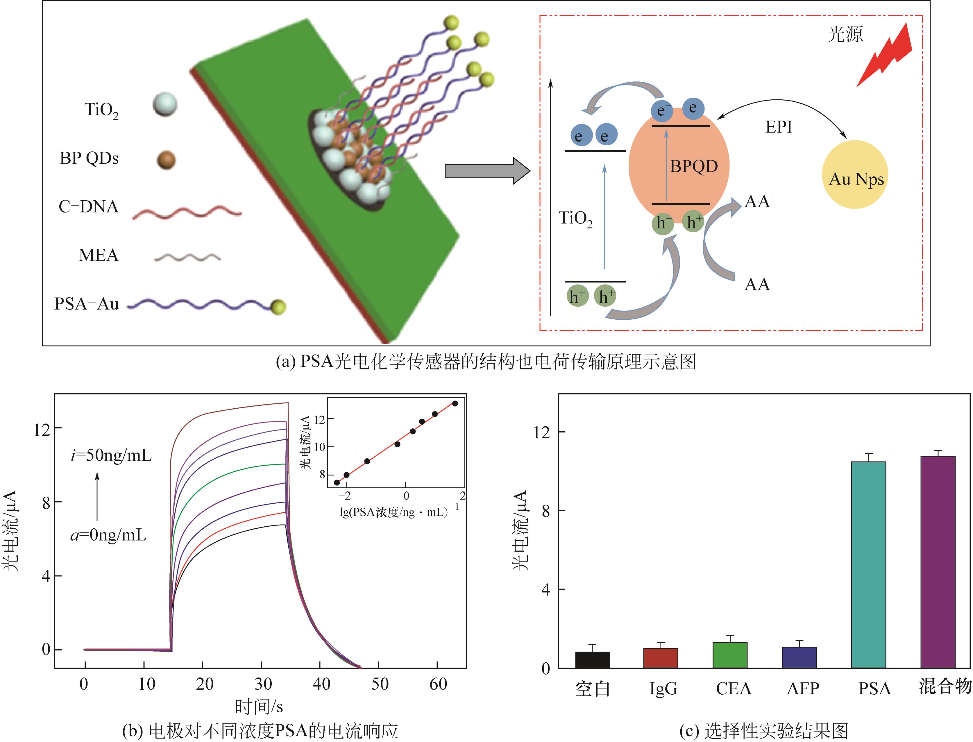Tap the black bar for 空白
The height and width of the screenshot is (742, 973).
tap(592, 660)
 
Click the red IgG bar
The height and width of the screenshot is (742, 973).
tap(660, 658)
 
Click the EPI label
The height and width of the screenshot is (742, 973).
tap(779, 127)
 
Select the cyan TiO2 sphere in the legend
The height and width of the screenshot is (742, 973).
tap(165, 105)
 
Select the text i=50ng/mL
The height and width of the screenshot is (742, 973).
tap(111, 455)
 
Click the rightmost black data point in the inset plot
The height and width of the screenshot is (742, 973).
tap(455, 403)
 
